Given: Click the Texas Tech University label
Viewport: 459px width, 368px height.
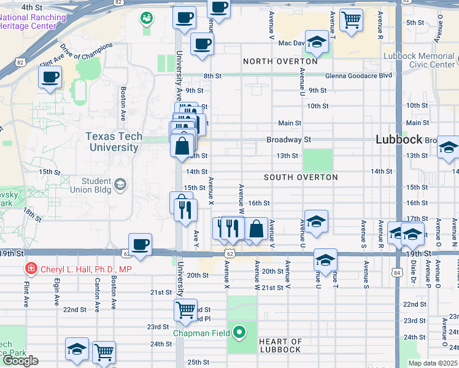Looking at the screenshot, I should tap(114, 142).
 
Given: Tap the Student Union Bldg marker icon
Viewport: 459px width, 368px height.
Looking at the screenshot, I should tap(121, 183).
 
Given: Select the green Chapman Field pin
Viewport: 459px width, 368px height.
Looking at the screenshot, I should tap(240, 333).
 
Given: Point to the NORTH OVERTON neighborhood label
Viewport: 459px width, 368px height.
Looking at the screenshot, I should tap(280, 61).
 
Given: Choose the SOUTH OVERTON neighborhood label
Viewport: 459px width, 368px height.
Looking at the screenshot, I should tap(301, 177).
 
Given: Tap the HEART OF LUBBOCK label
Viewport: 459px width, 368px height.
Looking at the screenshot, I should tap(280, 345).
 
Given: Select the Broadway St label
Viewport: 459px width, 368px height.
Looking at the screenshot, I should tap(289, 140).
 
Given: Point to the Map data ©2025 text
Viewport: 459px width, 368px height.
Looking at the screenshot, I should tap(433, 363).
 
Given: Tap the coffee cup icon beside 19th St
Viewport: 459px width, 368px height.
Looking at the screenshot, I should tap(141, 244).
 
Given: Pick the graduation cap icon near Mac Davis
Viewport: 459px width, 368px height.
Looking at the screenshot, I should tap(317, 42).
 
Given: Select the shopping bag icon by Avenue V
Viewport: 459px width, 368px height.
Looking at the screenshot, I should tap(256, 229).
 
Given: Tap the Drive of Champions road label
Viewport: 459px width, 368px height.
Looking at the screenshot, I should tap(87, 52).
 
